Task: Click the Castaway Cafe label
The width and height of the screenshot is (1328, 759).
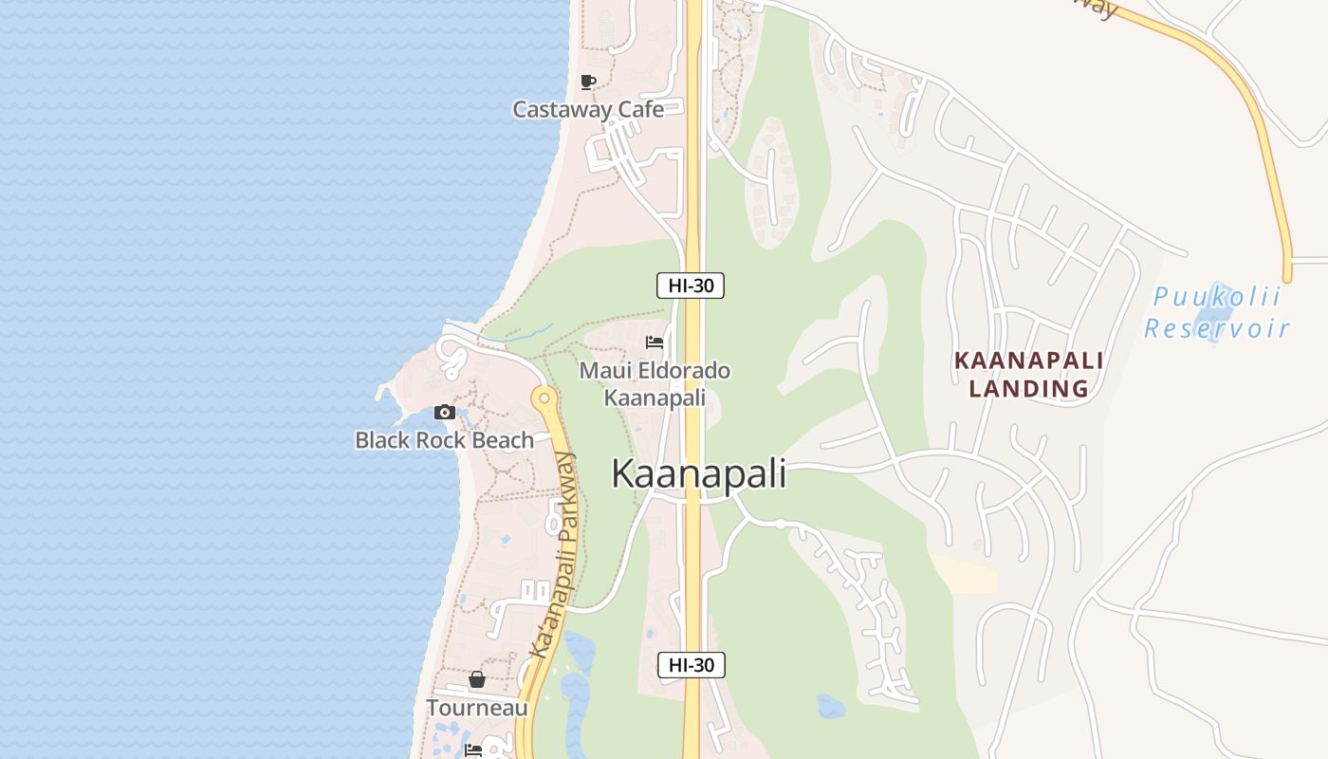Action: [588, 109]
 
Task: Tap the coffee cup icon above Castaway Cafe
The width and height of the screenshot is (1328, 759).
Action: [588, 82]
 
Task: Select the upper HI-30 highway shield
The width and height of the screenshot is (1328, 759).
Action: [691, 285]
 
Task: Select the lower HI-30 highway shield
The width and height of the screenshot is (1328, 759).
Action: [692, 665]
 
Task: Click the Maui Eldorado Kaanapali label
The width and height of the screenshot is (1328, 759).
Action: [655, 383]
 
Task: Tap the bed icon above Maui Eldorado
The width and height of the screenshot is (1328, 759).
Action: [654, 342]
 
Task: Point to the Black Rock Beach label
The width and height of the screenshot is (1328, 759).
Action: [444, 440]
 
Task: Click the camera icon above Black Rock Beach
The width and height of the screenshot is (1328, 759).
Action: [445, 412]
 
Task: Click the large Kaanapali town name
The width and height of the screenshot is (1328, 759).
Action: [698, 473]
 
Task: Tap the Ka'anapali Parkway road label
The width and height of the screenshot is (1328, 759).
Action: [554, 555]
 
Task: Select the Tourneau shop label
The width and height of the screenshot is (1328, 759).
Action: [477, 708]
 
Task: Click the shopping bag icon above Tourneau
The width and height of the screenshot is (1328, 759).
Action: [477, 679]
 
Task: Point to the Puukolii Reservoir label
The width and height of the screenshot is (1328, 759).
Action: [1216, 313]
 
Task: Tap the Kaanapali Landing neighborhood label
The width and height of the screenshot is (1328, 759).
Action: [1028, 374]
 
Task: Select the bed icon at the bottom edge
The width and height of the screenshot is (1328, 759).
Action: [473, 750]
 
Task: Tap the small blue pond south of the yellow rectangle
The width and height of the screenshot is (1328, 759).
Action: [830, 706]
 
